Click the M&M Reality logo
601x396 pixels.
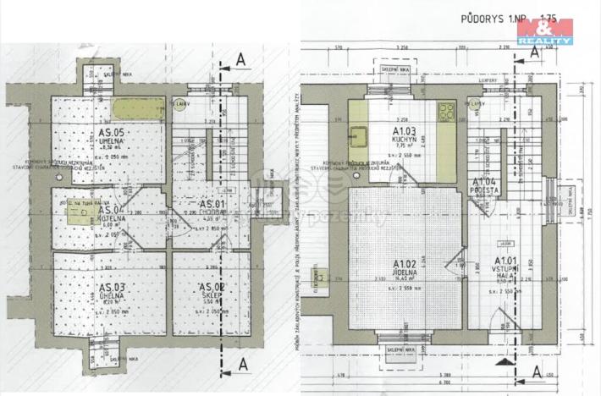(x=545, y=31)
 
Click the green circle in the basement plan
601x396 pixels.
(x=179, y=105)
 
